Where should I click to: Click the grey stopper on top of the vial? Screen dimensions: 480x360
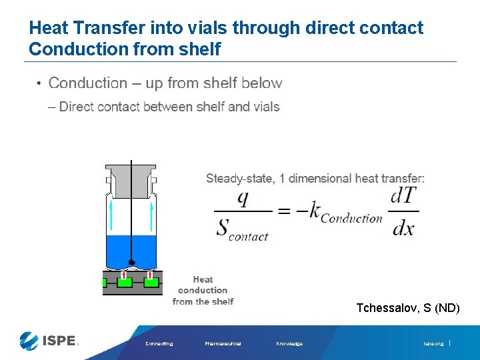coord(132,179)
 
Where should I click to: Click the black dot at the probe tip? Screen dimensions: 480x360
coord(132,262)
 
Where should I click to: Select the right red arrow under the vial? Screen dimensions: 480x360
coord(150,275)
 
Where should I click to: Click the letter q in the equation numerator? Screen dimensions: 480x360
coord(243,198)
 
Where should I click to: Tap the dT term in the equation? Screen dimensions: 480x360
coord(404,197)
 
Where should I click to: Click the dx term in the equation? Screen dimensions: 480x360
coord(403,228)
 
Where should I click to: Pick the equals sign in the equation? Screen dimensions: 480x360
coord(285,212)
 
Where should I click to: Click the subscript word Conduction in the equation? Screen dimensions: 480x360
coord(351,218)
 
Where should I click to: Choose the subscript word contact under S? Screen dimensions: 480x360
coord(248,236)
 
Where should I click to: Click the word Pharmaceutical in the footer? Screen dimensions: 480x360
coord(223,344)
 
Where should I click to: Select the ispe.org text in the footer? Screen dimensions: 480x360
coord(433,344)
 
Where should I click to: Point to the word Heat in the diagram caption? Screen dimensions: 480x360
coord(203,279)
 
